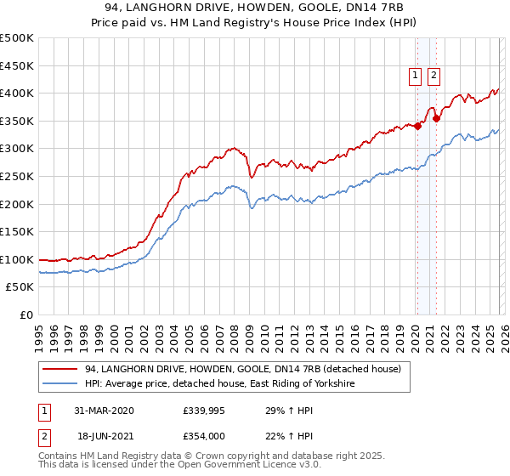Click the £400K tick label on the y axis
point(17,93)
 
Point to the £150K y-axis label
point(17,232)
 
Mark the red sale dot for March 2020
point(417,126)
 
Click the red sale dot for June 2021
point(436,118)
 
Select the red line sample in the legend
point(60,368)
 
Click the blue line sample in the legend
point(60,383)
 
